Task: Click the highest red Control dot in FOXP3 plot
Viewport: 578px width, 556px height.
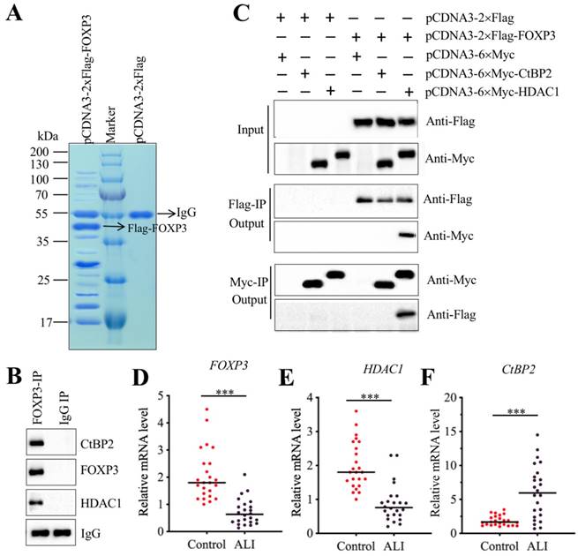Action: tap(206, 409)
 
